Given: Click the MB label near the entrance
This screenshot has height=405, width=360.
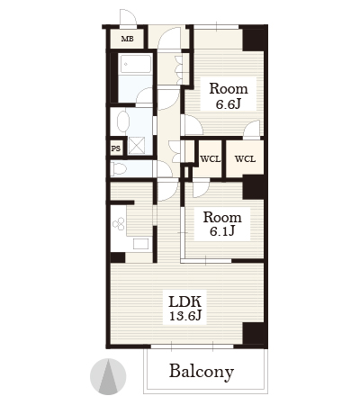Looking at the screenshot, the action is pyautogui.click(x=127, y=39).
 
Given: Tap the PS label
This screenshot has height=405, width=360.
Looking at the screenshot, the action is pyautogui.click(x=116, y=148).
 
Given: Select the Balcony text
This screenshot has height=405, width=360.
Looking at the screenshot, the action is pyautogui.click(x=202, y=372).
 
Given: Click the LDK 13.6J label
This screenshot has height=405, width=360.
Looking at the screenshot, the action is pyautogui.click(x=184, y=308).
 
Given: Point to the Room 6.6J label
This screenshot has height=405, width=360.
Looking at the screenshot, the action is pyautogui.click(x=229, y=95).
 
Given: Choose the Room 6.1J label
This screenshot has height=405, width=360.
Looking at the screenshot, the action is pyautogui.click(x=222, y=224).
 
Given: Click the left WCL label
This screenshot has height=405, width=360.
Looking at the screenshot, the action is pyautogui.click(x=210, y=159).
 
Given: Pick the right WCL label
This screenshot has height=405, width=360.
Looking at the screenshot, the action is pyautogui.click(x=245, y=159).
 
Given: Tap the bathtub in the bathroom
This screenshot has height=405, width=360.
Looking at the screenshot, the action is pyautogui.click(x=136, y=64).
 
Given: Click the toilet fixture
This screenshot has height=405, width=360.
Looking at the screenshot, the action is pyautogui.click(x=118, y=168).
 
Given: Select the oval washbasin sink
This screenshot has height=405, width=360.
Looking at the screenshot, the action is pyautogui.click(x=123, y=121).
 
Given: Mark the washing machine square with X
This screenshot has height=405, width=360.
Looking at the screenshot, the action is pyautogui.click(x=137, y=146).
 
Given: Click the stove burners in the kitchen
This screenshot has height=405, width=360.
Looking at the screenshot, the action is pyautogui.click(x=119, y=223).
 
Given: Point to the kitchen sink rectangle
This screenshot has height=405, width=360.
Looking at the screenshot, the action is pyautogui.click(x=140, y=244).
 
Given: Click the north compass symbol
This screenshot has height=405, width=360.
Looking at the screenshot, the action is pyautogui.click(x=108, y=376).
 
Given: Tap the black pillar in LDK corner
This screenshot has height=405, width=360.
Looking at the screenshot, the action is pyautogui.click(x=255, y=334).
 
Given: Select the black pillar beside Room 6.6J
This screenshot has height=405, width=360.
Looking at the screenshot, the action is pyautogui.click(x=255, y=38).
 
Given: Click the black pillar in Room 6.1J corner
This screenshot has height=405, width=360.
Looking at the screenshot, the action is pyautogui.click(x=255, y=187).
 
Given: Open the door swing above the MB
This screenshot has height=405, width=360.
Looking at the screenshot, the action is pyautogui.click(x=128, y=18).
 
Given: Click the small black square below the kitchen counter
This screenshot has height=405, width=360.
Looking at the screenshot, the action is pyautogui.click(x=118, y=257).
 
